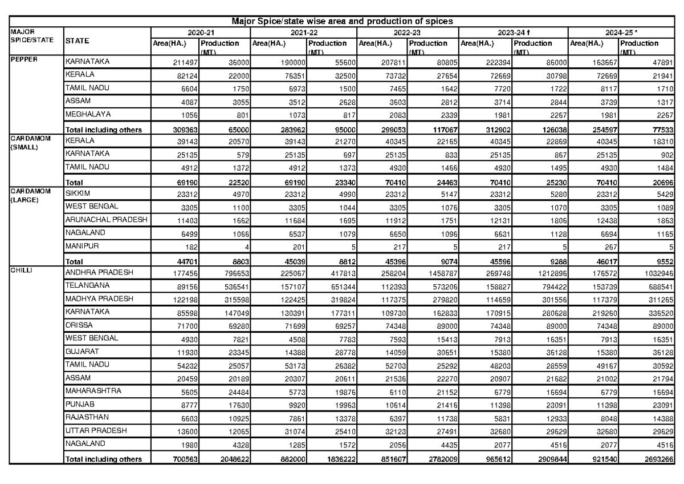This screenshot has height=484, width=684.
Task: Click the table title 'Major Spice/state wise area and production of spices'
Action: tap(342, 21)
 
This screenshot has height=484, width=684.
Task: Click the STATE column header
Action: tap(78, 41)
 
